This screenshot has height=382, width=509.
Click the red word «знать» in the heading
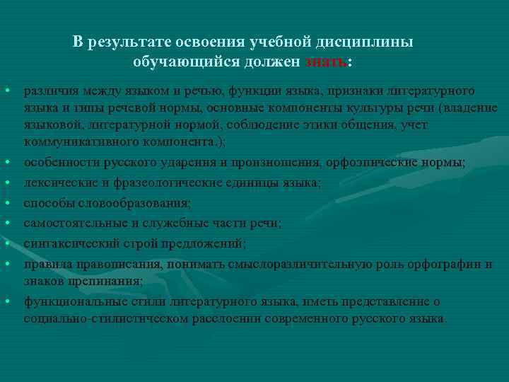tap(327, 62)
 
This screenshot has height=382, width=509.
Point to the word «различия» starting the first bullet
tap(48, 91)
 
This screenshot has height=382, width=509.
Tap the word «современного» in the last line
tap(315, 318)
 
